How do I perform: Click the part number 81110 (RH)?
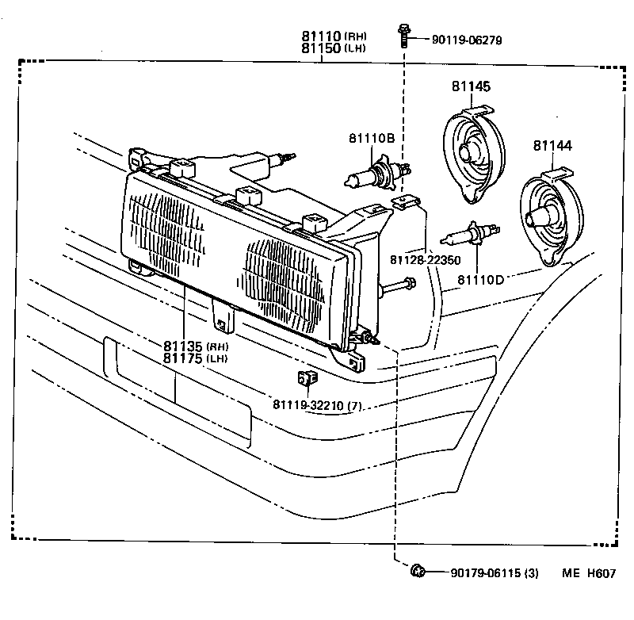[332, 36]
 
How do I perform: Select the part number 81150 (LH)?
[332, 48]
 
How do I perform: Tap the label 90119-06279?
[468, 40]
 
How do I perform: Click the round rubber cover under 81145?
[472, 153]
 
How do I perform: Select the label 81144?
[552, 146]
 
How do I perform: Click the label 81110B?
[371, 138]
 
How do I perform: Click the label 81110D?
[480, 280]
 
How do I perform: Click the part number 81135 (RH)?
[195, 346]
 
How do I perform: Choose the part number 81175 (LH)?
[195, 358]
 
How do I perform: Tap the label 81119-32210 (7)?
[317, 406]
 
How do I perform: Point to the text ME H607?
[589, 573]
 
